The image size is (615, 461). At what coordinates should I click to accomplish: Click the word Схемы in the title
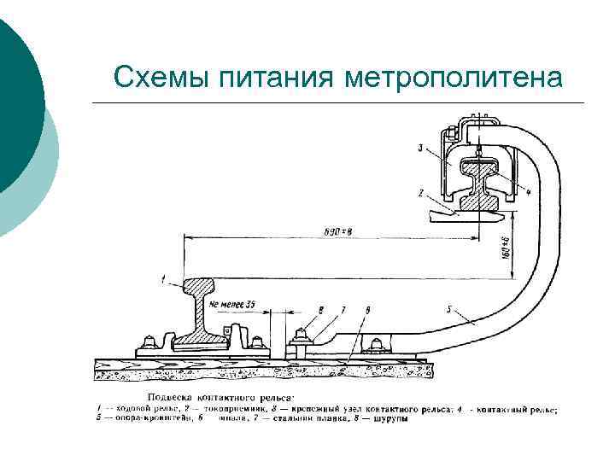[161, 78]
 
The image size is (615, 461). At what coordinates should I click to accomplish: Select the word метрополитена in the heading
[454, 78]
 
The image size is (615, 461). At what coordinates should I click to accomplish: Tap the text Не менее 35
[231, 303]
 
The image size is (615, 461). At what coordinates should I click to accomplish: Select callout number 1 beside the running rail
[163, 278]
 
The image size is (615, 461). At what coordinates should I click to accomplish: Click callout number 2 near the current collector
[421, 194]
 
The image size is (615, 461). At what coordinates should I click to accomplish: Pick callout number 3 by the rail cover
[420, 148]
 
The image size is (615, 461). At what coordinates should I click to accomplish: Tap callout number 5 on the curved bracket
[449, 310]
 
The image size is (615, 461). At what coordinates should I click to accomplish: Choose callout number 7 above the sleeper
[343, 308]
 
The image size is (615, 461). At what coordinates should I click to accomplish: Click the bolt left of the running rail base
[150, 341]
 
